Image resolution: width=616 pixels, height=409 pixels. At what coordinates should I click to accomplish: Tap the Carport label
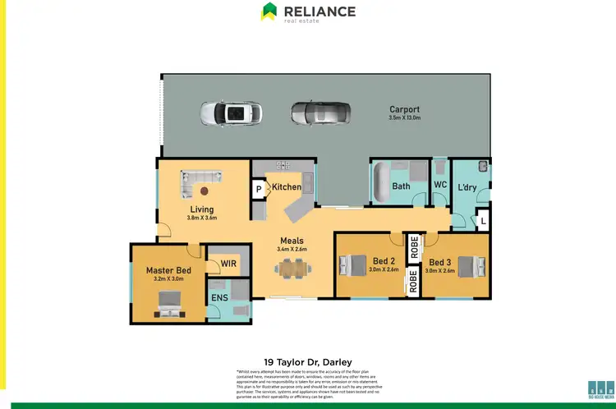[x=404, y=109]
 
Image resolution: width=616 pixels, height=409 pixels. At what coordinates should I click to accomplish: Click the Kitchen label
[x=287, y=187]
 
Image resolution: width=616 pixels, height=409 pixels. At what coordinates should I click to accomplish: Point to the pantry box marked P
[x=259, y=188]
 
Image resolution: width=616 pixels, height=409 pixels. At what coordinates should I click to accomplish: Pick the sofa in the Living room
[x=201, y=177]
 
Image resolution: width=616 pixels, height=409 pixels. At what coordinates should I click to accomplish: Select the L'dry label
[x=467, y=187]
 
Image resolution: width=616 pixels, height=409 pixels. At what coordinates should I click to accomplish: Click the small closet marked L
[x=482, y=221]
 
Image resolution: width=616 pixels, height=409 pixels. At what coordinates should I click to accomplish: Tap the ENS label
[x=219, y=297]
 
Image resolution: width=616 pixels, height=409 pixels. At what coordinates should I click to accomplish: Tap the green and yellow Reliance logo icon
[x=269, y=11]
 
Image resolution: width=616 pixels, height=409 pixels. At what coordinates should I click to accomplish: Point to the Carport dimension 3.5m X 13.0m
[x=404, y=118]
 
